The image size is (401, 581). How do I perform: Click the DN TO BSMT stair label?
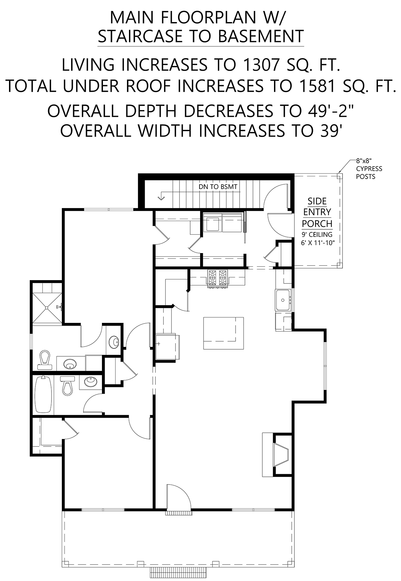coord(218,187)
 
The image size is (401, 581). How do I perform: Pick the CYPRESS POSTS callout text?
coord(369,173)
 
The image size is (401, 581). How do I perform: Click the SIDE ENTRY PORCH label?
coord(317,212)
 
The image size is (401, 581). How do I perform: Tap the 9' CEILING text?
coord(317,234)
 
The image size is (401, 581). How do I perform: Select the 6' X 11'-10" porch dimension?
coord(318,243)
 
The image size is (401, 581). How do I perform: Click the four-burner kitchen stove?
coord(218,278)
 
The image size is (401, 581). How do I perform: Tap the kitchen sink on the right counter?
coord(283,300)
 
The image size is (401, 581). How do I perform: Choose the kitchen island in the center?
coord(224,333)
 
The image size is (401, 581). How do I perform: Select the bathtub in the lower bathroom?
coord(43,395)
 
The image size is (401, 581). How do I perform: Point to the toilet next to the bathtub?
coord(68,385)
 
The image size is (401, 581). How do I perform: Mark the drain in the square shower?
coord(47,308)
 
